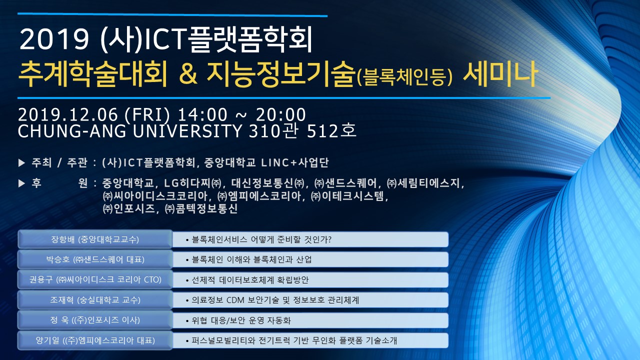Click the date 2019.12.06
coord(67,115)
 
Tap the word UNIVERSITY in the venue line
coord(187,131)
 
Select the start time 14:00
coord(202,115)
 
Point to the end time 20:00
coord(280,115)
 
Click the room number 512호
coord(331,131)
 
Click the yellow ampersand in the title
coord(188,73)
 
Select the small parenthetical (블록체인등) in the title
coord(404,76)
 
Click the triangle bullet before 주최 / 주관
coord(21,163)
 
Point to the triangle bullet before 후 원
coord(21,183)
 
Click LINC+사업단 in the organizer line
coord(295,162)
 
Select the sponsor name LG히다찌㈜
coord(193,183)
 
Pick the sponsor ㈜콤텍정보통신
coord(201,208)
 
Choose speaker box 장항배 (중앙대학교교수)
coord(95,239)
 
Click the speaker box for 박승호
coord(95,259)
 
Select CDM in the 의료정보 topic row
coord(235,300)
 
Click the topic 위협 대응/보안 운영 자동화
coord(241,320)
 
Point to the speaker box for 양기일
coord(95,340)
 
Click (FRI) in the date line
coord(147,115)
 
